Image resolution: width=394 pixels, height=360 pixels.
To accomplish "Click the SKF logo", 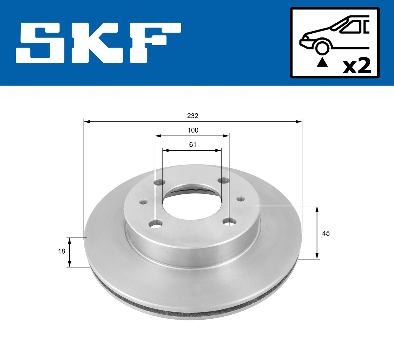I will pyautogui.click(x=98, y=43).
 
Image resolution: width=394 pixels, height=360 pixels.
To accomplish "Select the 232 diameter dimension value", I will pyautogui.click(x=193, y=116).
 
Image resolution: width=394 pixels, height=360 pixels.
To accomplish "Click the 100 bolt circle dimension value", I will pyautogui.click(x=193, y=130).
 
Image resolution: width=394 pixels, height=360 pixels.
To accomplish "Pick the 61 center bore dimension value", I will pyautogui.click(x=193, y=144).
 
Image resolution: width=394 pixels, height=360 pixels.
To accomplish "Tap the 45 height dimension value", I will pyautogui.click(x=326, y=233).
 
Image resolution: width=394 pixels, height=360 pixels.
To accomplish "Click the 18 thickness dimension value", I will pyautogui.click(x=61, y=251).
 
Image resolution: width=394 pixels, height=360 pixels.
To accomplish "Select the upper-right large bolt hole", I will pyautogui.click(x=225, y=180).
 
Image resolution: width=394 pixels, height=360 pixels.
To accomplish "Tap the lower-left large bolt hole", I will pyautogui.click(x=156, y=225).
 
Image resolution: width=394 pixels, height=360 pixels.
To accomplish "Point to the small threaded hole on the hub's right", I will pyautogui.click(x=241, y=199).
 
